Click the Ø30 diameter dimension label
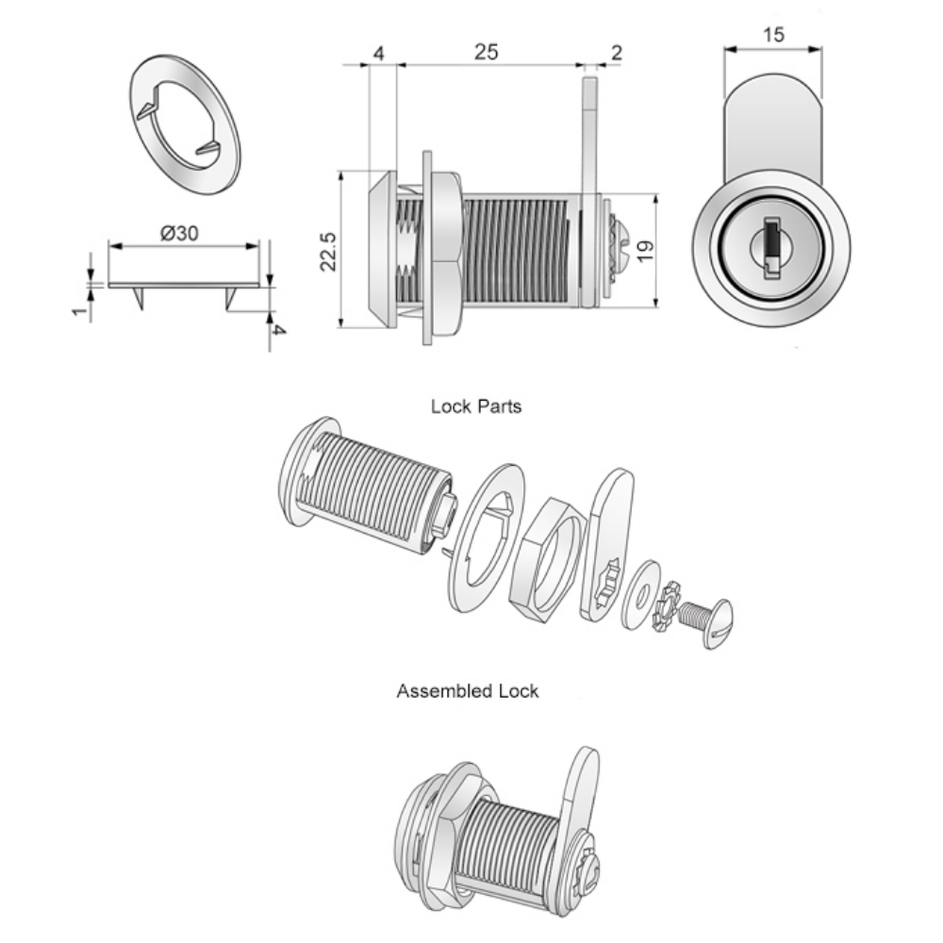pos(179,234)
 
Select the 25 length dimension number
pos(485,53)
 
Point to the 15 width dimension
pos(773,35)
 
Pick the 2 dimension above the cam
pos(616,53)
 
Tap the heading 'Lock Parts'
pos(476,407)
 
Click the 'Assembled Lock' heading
pos(468,691)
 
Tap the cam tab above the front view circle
pos(773,123)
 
